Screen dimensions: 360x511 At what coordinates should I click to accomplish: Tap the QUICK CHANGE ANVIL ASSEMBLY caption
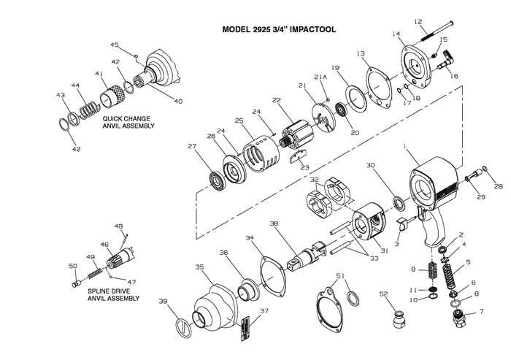[x=129, y=122]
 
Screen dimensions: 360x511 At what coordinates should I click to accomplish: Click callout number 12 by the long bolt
[x=439, y=21]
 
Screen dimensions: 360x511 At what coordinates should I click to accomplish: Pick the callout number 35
[x=199, y=267]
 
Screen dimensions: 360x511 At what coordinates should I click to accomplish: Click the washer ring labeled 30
[x=397, y=202]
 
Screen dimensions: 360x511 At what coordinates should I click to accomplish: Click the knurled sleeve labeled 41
[x=112, y=95]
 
